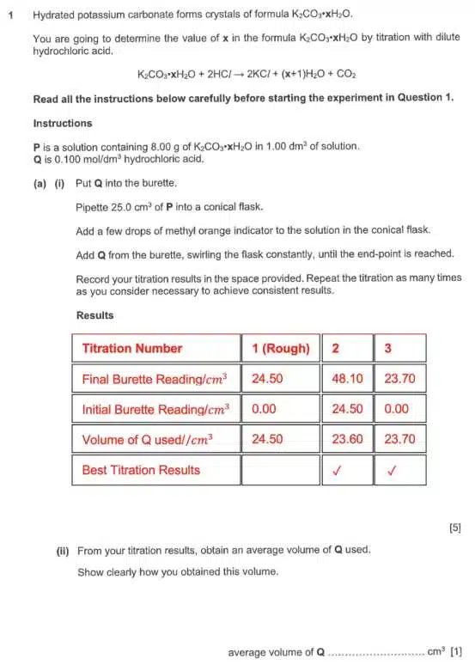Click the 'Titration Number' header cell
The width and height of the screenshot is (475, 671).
click(x=131, y=348)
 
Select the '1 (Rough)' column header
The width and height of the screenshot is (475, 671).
click(x=280, y=348)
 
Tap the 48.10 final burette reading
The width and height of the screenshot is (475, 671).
click(x=347, y=378)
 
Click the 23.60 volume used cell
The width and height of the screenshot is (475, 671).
click(x=347, y=439)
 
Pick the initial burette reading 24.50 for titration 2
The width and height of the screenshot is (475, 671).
click(x=347, y=409)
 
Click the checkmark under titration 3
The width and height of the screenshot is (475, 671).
click(x=399, y=470)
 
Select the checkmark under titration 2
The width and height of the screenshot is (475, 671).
click(x=347, y=470)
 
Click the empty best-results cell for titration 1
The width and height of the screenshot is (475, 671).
click(x=280, y=470)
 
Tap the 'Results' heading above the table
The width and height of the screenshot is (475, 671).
click(x=94, y=315)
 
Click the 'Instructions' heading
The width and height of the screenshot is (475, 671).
click(x=62, y=123)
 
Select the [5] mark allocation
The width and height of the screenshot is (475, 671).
click(x=454, y=528)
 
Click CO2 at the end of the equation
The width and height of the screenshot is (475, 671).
click(x=346, y=75)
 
